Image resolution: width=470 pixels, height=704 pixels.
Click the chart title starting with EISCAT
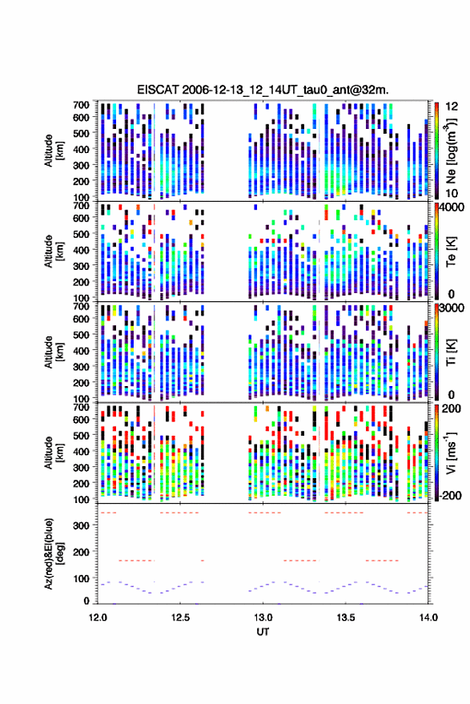pyautogui.click(x=263, y=90)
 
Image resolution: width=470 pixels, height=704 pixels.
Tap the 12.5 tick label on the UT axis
pyautogui.click(x=180, y=618)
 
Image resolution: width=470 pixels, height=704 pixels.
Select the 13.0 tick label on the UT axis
pyautogui.click(x=263, y=618)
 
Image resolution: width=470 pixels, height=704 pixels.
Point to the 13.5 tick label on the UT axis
pyautogui.click(x=346, y=618)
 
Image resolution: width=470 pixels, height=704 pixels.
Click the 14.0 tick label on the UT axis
pyautogui.click(x=428, y=618)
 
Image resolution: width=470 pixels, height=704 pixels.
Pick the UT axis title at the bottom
pyautogui.click(x=263, y=632)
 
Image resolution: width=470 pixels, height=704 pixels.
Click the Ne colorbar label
pyautogui.click(x=451, y=151)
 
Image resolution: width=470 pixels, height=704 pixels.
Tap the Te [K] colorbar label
pyautogui.click(x=451, y=251)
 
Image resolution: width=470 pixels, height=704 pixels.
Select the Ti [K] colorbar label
pyautogui.click(x=451, y=352)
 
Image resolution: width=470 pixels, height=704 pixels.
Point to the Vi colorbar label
pyautogui.click(x=451, y=453)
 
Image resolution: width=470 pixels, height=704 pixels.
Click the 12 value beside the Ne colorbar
pyautogui.click(x=452, y=107)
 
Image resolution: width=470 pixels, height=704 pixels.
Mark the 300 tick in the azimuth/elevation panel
pyautogui.click(x=81, y=525)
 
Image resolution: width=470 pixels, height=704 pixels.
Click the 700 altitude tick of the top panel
pyautogui.click(x=81, y=105)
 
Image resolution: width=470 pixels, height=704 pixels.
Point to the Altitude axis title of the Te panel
pyautogui.click(x=54, y=251)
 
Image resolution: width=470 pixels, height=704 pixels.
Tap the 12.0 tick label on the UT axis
pyautogui.click(x=98, y=618)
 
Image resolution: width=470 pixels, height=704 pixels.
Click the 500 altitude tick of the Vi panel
pyautogui.click(x=81, y=435)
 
